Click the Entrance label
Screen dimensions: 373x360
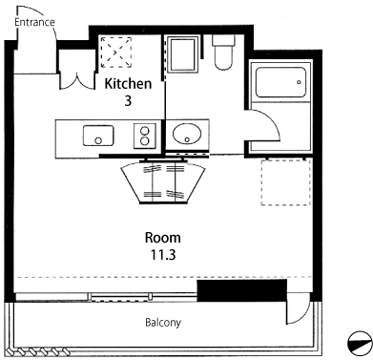34,22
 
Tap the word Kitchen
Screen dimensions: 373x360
128,84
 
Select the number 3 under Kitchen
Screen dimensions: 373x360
128,100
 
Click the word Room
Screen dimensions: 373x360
163,238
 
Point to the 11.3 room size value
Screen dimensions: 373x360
163,255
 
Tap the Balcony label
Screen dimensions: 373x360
163,323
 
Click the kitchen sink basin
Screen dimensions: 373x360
98,136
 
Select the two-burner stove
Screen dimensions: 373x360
145,136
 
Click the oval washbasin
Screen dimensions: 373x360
187,134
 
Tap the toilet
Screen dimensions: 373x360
223,53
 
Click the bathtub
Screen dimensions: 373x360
280,82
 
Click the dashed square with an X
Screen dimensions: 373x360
116,53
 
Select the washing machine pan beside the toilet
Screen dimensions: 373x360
182,54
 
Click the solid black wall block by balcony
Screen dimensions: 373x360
242,290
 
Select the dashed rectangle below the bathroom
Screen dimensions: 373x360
286,182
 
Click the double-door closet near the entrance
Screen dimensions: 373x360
77,69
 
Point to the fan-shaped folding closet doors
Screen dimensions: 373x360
163,182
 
